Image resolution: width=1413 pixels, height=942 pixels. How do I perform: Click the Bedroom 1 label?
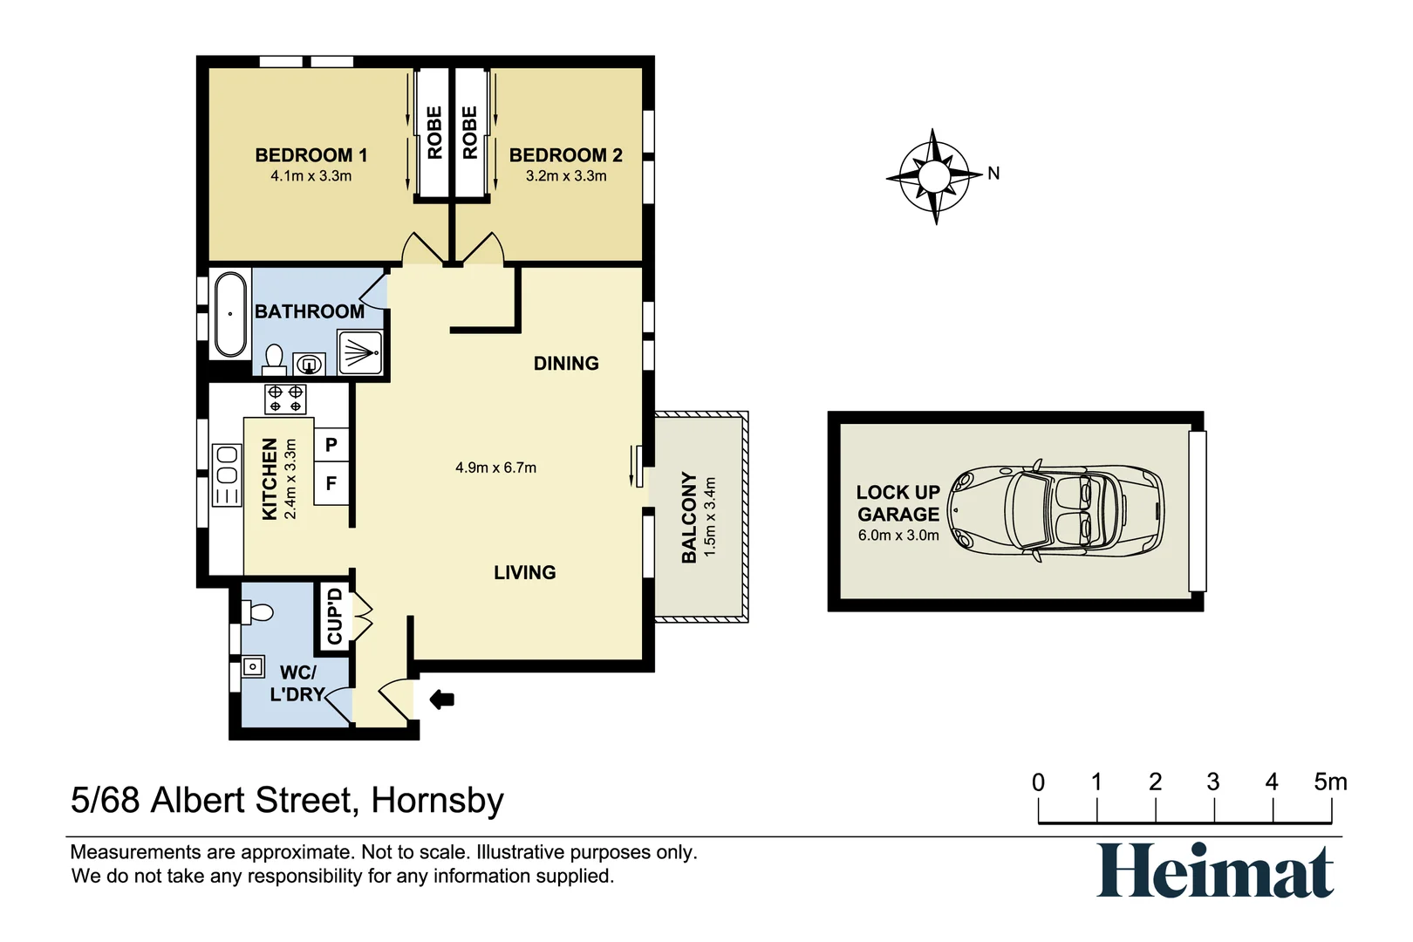(x=311, y=155)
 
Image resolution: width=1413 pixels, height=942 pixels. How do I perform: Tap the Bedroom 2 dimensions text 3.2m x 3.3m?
(x=566, y=176)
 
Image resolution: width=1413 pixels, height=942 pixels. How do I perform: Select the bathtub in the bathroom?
(x=230, y=314)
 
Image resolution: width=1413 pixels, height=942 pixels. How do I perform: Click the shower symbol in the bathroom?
(x=360, y=352)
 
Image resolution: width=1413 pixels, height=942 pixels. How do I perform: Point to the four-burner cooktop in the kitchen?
(x=285, y=399)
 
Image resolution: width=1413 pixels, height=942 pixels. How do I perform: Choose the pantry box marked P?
(x=331, y=445)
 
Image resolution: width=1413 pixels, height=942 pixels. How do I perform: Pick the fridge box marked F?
(x=331, y=483)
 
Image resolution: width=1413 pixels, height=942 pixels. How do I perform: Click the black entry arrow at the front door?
(x=441, y=700)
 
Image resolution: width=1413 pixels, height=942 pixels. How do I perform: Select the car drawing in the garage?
(x=1056, y=511)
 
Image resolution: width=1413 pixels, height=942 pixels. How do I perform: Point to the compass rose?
(x=934, y=176)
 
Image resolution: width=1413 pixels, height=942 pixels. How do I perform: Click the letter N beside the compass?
(x=993, y=173)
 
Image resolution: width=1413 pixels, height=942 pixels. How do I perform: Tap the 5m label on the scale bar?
(x=1330, y=782)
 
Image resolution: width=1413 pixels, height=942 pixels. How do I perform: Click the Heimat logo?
(x=1215, y=870)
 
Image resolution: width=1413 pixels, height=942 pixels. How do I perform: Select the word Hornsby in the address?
(x=437, y=801)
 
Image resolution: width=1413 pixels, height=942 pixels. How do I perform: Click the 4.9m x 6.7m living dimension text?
(x=495, y=468)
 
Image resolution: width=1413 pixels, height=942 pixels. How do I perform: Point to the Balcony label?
(x=689, y=516)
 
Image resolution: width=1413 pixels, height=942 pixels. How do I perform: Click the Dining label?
(x=566, y=364)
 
